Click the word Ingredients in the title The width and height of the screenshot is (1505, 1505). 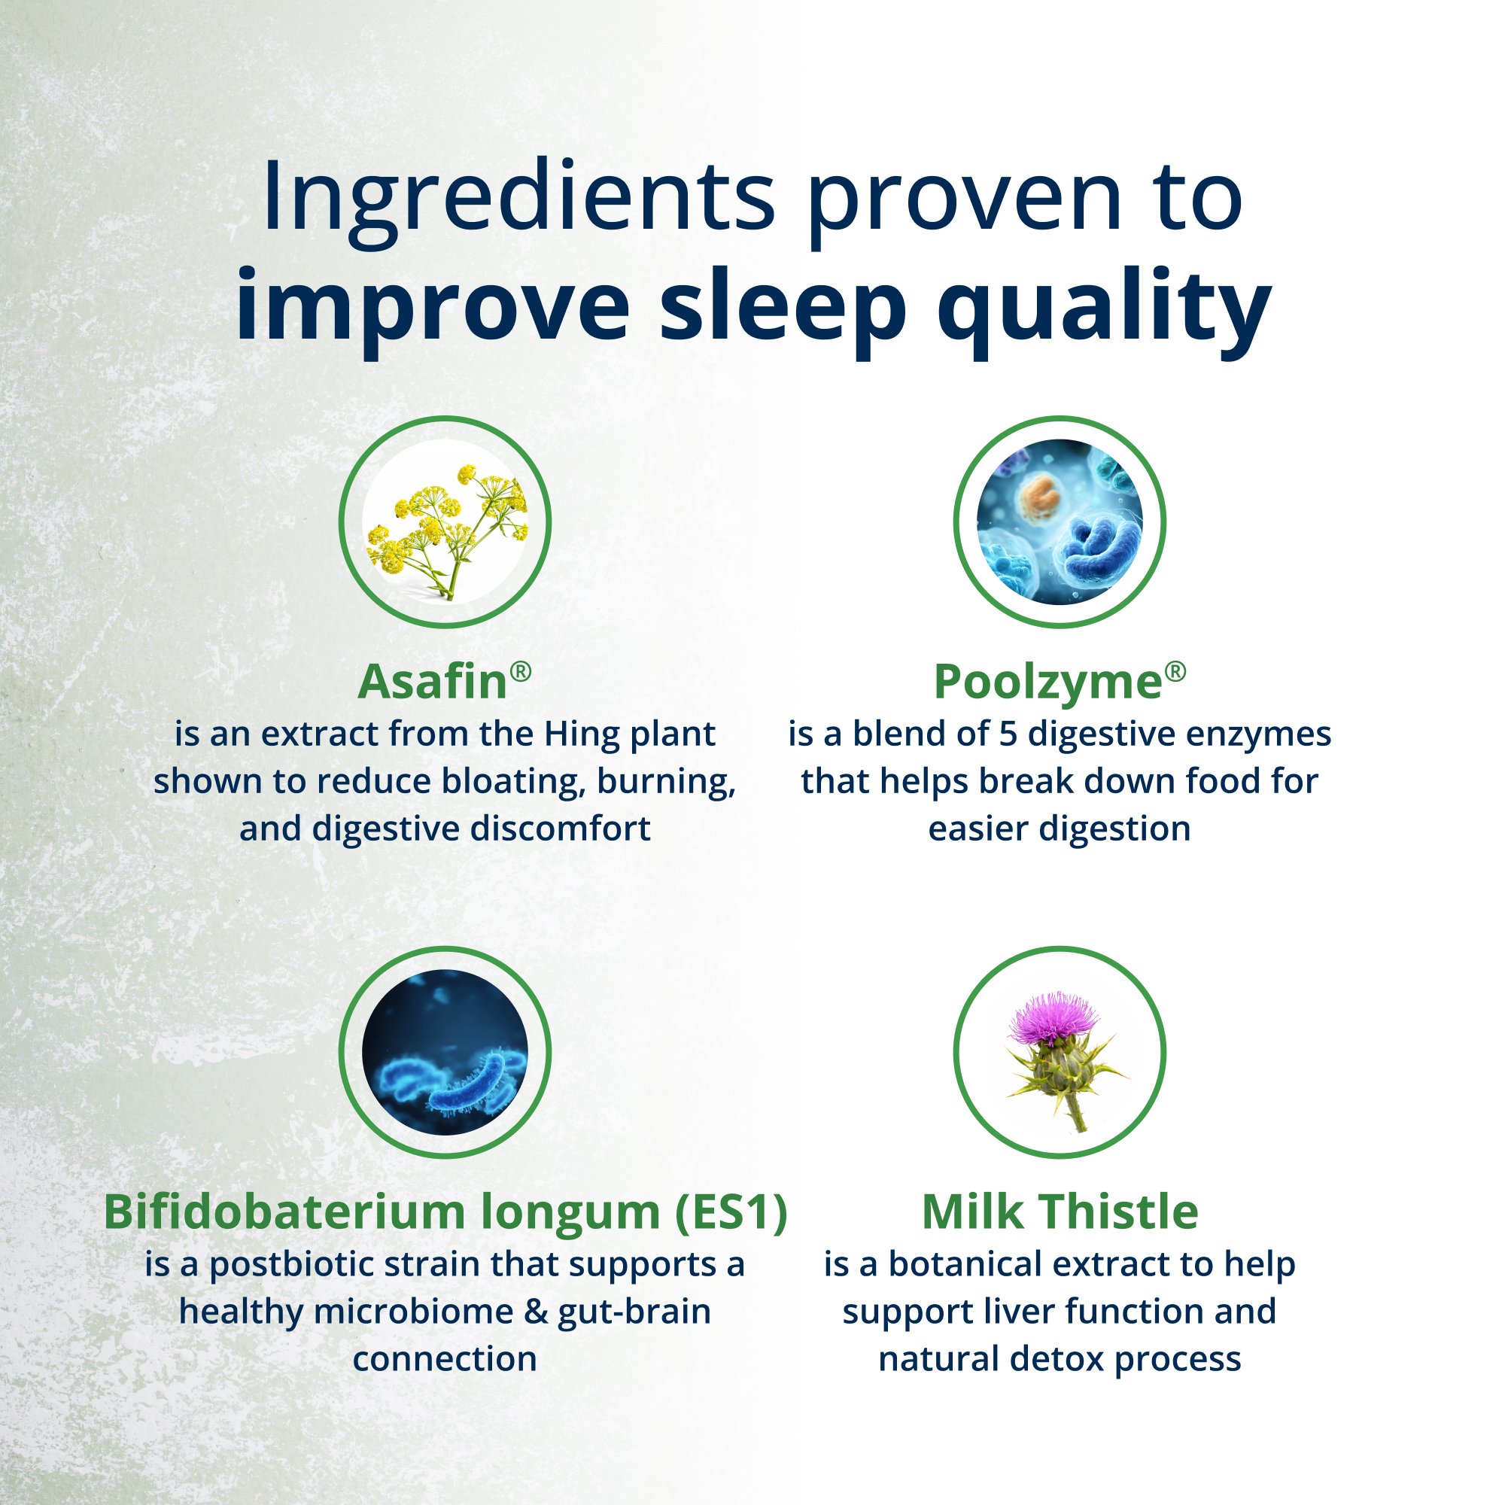click(x=518, y=199)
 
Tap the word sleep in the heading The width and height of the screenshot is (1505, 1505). click(x=783, y=306)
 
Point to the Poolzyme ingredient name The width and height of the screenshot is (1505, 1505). click(x=1047, y=683)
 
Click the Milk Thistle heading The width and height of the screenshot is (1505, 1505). click(x=1060, y=1212)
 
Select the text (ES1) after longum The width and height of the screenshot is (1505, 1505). click(x=731, y=1212)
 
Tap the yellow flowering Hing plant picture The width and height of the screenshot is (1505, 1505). click(x=445, y=522)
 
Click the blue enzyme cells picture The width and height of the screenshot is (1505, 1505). click(x=1060, y=522)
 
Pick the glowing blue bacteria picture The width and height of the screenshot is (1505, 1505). click(x=445, y=1053)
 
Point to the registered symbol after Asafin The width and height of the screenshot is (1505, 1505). click(x=521, y=670)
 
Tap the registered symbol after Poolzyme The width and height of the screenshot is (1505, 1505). click(x=1175, y=670)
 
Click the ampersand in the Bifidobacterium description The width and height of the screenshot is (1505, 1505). click(x=536, y=1312)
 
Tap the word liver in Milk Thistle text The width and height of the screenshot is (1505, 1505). click(x=1010, y=1312)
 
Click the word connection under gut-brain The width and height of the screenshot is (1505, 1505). click(x=445, y=1359)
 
